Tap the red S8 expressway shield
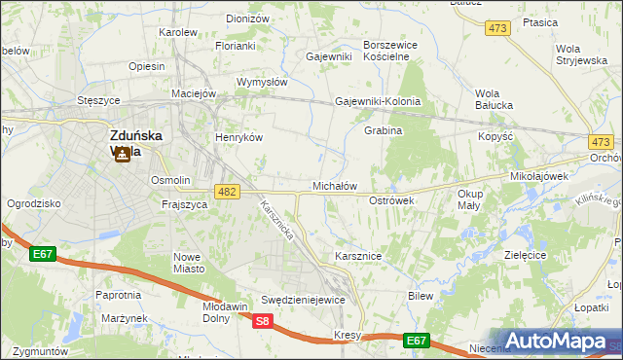[x=262, y=320]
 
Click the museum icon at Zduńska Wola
[x=123, y=154]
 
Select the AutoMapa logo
[x=556, y=342]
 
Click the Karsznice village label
[x=357, y=255]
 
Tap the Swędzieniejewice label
[x=303, y=300]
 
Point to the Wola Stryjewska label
[x=581, y=54]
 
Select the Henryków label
[x=239, y=137]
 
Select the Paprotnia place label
[x=119, y=294]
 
